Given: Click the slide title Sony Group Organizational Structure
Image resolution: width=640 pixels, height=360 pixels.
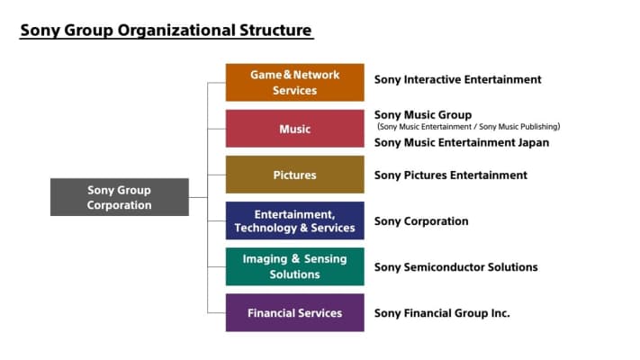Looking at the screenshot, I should point(167,31).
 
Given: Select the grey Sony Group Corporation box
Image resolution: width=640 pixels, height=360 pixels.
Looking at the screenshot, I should point(120,197).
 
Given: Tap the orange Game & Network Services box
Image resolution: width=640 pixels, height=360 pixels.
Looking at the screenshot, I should point(294,83).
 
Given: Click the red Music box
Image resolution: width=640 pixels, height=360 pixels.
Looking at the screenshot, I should point(294,129).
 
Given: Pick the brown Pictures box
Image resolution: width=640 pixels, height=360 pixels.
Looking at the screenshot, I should point(294,175).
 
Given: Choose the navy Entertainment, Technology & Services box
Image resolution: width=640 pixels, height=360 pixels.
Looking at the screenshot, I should point(294,220).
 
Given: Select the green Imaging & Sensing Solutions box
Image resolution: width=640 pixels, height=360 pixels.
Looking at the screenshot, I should point(294,266).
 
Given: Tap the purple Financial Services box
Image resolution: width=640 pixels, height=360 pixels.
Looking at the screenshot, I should point(294,312).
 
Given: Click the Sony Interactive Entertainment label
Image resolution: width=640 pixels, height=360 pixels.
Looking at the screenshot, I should point(457,79).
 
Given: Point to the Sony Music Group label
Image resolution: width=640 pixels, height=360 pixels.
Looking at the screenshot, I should point(422,115).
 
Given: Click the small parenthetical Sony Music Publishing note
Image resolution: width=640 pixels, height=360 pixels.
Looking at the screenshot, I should point(515,127).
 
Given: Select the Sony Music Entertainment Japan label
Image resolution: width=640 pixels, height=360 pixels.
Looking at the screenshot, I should point(461,142).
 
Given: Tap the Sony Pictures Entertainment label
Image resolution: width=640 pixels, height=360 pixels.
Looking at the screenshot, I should point(450,175).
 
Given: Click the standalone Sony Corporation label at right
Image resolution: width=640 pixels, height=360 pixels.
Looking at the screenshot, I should point(421,220).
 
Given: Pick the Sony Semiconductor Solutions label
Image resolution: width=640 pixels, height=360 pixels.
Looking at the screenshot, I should point(455,266).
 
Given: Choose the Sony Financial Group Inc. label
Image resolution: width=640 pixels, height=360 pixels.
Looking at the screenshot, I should point(442,312).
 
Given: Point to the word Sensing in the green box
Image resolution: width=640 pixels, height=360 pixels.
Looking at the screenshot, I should point(325,259).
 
